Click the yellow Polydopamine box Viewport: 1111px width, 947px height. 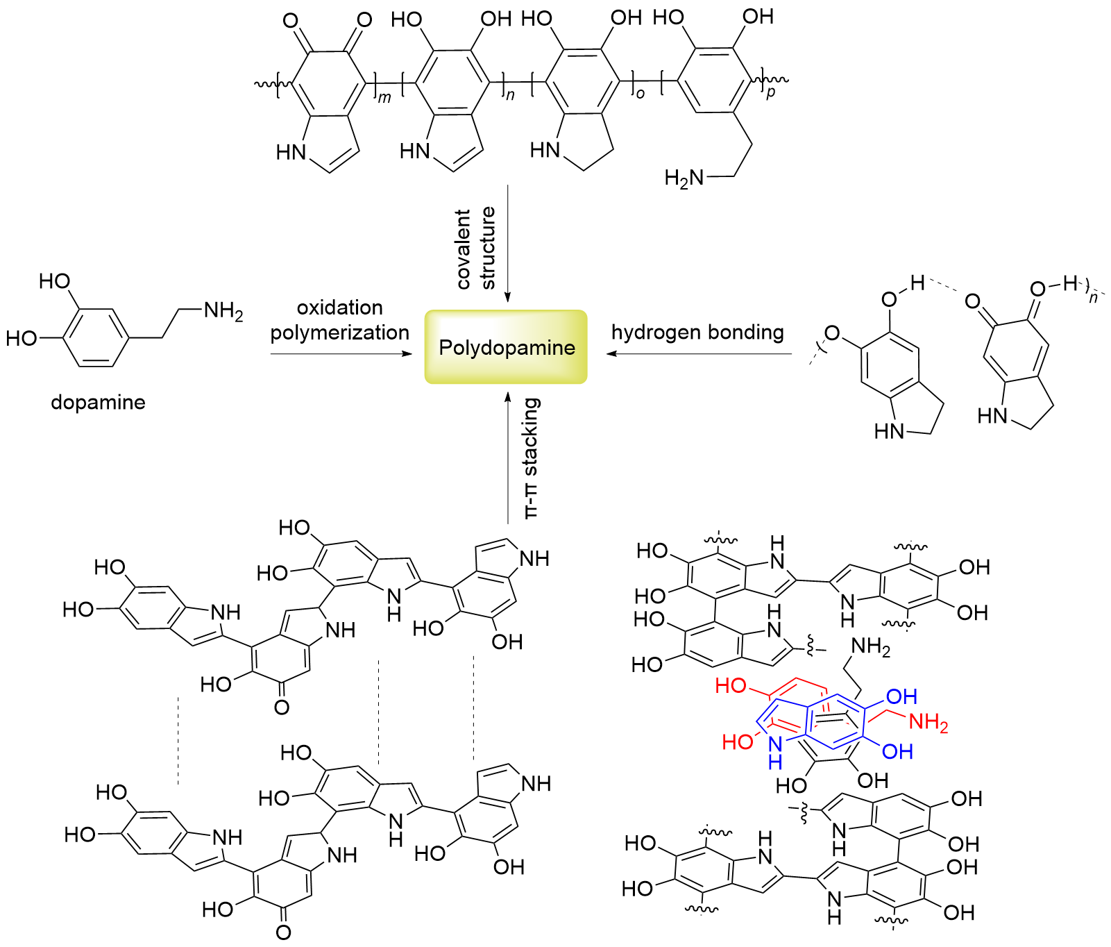[x=506, y=347]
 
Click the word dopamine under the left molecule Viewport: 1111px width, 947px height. [x=98, y=403]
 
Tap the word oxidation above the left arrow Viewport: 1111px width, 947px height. [x=339, y=308]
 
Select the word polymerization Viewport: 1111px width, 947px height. [x=339, y=333]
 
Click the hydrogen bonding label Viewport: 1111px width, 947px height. [x=697, y=333]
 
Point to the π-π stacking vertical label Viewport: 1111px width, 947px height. [x=531, y=458]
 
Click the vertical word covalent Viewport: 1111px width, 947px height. [x=464, y=249]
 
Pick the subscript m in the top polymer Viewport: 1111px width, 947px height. [x=384, y=98]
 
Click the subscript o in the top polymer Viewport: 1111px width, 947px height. [x=640, y=93]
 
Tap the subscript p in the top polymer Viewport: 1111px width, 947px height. [x=770, y=92]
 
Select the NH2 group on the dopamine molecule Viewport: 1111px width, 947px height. [x=223, y=311]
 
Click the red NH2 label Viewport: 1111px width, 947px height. [x=928, y=723]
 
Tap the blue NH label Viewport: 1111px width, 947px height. [x=775, y=752]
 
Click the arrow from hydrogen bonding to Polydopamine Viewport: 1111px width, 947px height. [x=697, y=354]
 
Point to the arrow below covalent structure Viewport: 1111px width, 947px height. [x=507, y=243]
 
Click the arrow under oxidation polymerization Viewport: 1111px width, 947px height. [x=340, y=354]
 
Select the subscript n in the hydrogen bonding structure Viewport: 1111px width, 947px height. [x=1094, y=299]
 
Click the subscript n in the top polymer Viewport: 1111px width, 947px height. [x=510, y=95]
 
